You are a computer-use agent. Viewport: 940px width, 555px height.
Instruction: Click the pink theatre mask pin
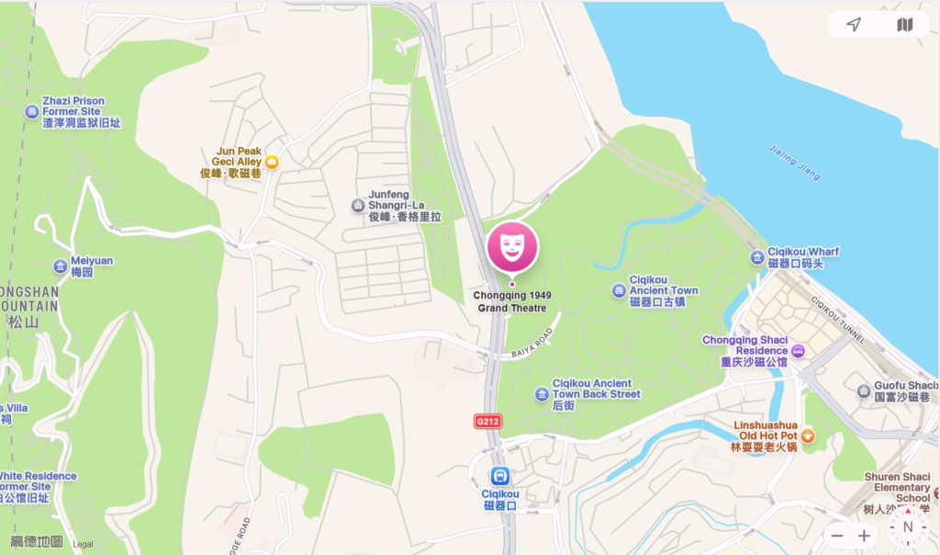pyautogui.click(x=512, y=246)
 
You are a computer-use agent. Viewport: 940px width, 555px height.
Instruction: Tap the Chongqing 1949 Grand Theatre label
pyautogui.click(x=512, y=301)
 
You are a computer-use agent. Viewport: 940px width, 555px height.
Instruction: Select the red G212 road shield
pyautogui.click(x=487, y=421)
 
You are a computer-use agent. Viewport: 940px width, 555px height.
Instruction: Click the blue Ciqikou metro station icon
pyautogui.click(x=500, y=476)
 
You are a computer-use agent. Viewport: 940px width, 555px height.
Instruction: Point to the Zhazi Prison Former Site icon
pyautogui.click(x=32, y=112)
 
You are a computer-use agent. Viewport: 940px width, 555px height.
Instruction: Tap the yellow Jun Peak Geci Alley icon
pyautogui.click(x=272, y=162)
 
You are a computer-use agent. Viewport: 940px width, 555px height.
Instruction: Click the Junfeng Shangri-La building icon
pyautogui.click(x=358, y=206)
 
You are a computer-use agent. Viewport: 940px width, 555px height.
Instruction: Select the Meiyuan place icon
pyautogui.click(x=61, y=266)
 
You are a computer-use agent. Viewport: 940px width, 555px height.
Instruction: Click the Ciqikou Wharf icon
pyautogui.click(x=756, y=257)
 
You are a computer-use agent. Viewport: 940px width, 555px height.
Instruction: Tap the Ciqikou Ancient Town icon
pyautogui.click(x=619, y=290)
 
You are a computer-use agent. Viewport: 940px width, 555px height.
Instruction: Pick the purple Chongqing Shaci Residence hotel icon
pyautogui.click(x=798, y=350)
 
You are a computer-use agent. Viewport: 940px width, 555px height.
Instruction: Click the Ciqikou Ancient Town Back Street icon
pyautogui.click(x=542, y=394)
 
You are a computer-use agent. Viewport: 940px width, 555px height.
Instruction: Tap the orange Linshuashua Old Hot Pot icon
pyautogui.click(x=808, y=436)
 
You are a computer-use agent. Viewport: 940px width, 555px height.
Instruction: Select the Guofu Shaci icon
pyautogui.click(x=864, y=391)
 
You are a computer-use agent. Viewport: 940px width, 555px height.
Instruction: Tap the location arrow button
pyautogui.click(x=854, y=25)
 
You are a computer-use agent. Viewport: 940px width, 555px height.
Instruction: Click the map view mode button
pyautogui.click(x=904, y=25)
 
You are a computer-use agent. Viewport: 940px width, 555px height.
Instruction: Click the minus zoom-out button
pyautogui.click(x=837, y=536)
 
